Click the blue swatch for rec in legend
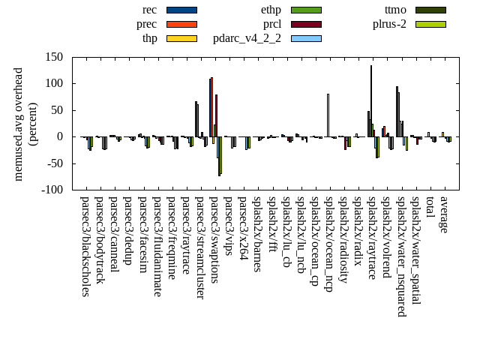(x=181, y=10)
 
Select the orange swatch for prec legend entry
(x=181, y=24)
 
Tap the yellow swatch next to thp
(x=181, y=38)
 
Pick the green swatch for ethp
(x=306, y=10)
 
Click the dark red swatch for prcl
(x=306, y=24)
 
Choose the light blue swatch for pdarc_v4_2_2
(x=306, y=38)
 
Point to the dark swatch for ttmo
(x=430, y=10)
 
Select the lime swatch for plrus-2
(x=430, y=24)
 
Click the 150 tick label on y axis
(x=52, y=57)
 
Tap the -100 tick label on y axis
(x=50, y=190)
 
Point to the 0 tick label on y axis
(x=59, y=137)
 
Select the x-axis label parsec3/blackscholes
(x=85, y=246)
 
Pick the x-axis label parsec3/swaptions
(x=214, y=239)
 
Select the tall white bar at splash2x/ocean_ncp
(x=328, y=115)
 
